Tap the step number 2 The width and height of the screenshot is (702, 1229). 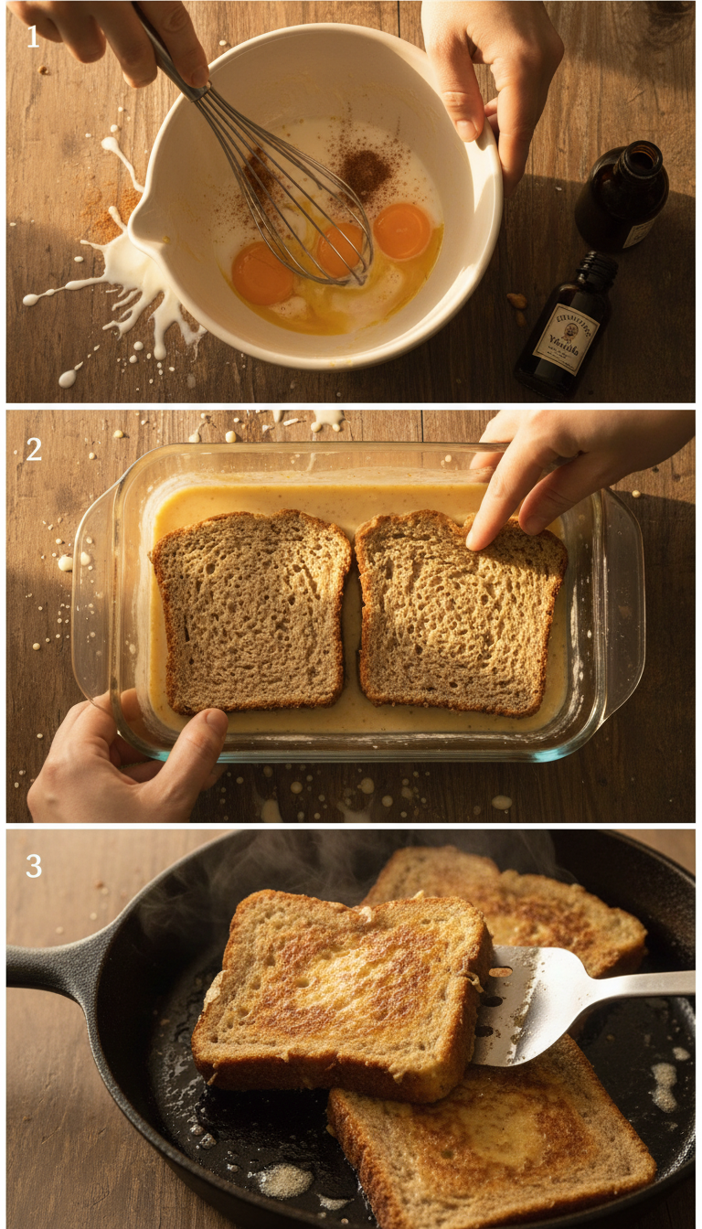34,449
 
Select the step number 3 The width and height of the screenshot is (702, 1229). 34,866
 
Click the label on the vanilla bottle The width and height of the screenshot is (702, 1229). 567,339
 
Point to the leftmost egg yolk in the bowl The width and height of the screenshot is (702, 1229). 262,273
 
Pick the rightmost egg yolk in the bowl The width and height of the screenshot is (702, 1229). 402,231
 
